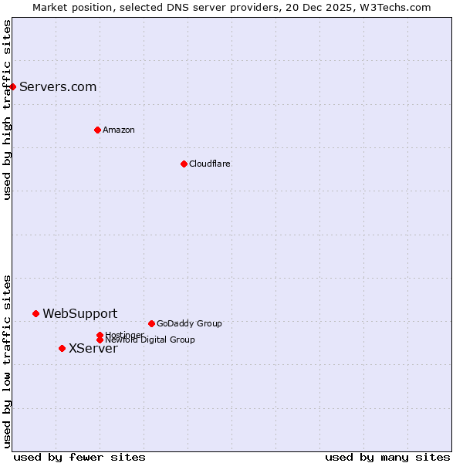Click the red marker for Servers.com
[13, 86]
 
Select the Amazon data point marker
[97, 130]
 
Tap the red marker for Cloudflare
[184, 164]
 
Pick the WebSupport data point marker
[35, 313]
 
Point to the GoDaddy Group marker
[151, 323]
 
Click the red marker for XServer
[62, 348]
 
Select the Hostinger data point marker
[100, 335]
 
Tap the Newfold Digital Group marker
[100, 340]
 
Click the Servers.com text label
[58, 86]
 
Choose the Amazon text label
[119, 130]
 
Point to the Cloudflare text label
[210, 164]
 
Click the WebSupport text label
[80, 313]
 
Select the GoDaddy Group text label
[189, 323]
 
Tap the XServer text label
[93, 348]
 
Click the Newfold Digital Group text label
[151, 340]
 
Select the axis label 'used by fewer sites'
[79, 457]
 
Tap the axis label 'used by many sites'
[387, 457]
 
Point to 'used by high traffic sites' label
[7, 110]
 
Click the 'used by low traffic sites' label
[7, 361]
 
